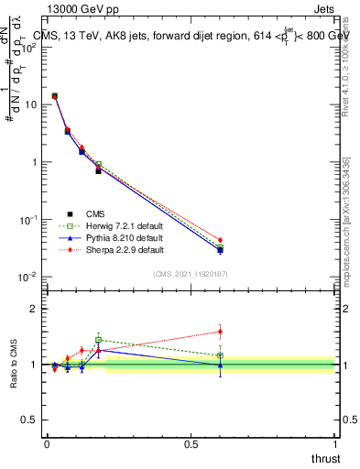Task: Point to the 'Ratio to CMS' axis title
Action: (x=14, y=364)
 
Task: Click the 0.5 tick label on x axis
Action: (x=191, y=443)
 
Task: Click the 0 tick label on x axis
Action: (x=47, y=443)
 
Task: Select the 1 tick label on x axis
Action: (x=335, y=443)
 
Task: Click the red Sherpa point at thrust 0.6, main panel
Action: (x=220, y=240)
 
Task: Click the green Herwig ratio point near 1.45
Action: (x=98, y=340)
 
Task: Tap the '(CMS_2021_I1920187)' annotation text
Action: (x=191, y=274)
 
